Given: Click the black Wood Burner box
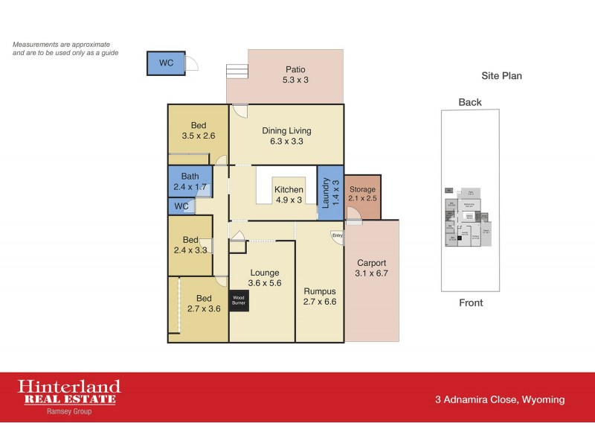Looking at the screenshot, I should (239, 299).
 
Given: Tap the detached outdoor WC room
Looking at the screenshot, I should (167, 63).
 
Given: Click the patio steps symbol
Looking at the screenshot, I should (237, 72).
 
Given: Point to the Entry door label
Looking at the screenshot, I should (338, 236).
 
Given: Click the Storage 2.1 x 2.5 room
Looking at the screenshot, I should (363, 194).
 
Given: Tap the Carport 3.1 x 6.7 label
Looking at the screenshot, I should (372, 268).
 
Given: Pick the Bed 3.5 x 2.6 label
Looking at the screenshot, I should (198, 131).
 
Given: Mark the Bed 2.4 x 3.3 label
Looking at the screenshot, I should (190, 245).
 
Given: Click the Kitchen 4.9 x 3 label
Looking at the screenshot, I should (289, 195).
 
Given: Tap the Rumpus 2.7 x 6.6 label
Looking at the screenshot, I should (321, 297).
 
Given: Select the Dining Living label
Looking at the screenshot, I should (286, 136).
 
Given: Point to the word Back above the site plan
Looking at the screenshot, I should (470, 102).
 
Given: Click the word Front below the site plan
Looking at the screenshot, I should (470, 302).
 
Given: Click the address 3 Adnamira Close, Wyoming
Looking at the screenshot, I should (499, 400).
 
